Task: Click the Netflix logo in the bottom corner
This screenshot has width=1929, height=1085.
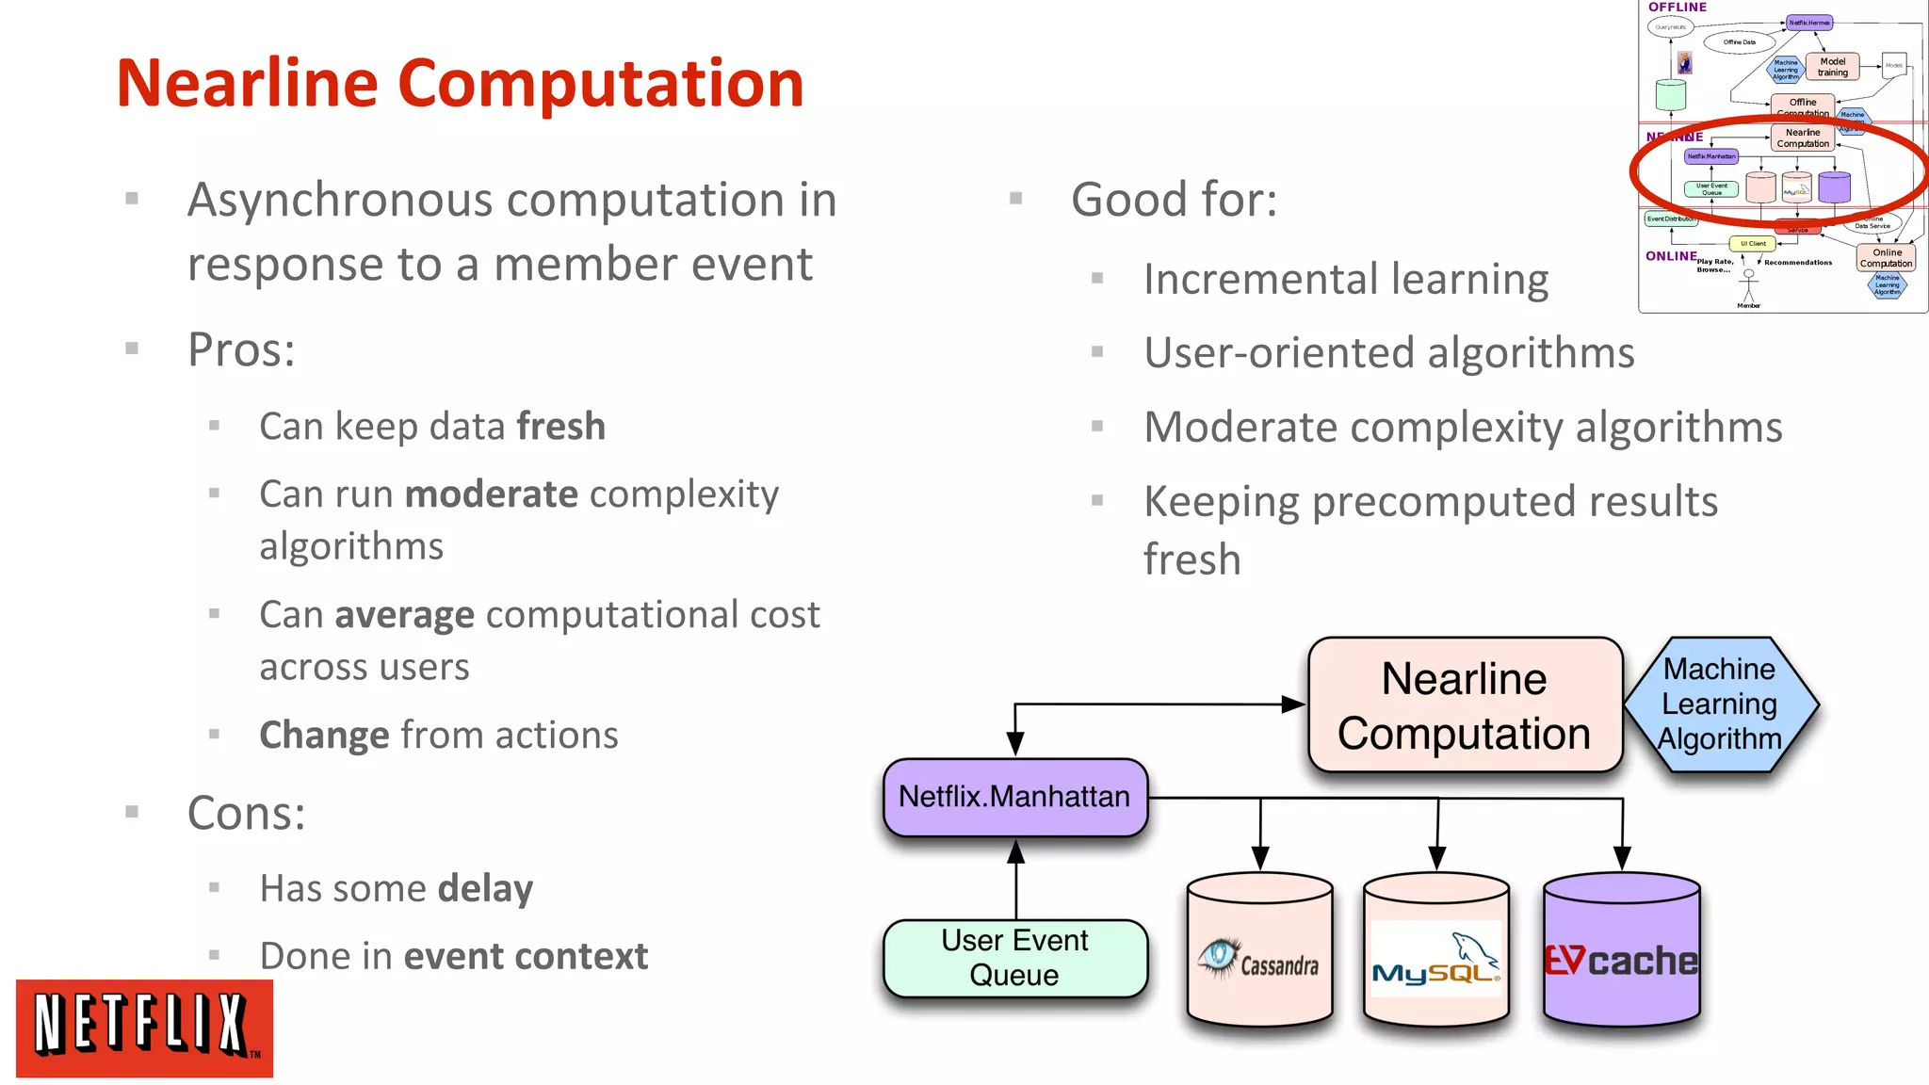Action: [x=144, y=1028]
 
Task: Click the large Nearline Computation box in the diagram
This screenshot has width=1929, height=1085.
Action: [x=1465, y=705]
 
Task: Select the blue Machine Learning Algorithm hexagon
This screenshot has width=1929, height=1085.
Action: [x=1720, y=704]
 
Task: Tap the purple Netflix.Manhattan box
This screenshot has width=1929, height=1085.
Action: [x=1014, y=797]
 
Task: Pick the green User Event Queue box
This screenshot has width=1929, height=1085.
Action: [x=1014, y=958]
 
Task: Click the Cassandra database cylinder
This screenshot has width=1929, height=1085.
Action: [x=1259, y=951]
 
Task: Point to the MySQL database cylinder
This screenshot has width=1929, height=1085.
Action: [x=1436, y=951]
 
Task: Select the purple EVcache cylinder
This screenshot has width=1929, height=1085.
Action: [x=1622, y=951]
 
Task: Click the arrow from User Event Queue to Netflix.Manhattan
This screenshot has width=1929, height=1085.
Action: [x=1015, y=881]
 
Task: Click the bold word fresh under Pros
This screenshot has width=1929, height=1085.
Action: [x=560, y=427]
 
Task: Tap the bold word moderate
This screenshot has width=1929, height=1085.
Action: [x=491, y=494]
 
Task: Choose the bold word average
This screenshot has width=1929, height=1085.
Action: [x=405, y=615]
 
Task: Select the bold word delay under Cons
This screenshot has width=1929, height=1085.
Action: [x=485, y=888]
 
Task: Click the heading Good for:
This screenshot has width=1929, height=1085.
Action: [x=1174, y=200]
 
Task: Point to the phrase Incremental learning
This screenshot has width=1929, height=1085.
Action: [x=1345, y=280]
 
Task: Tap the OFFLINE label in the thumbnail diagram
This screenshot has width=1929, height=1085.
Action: [x=1677, y=8]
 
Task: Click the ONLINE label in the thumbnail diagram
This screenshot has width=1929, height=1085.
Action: [x=1671, y=256]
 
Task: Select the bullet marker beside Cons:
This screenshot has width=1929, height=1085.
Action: [x=132, y=812]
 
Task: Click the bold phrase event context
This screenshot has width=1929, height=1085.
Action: [x=526, y=957]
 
